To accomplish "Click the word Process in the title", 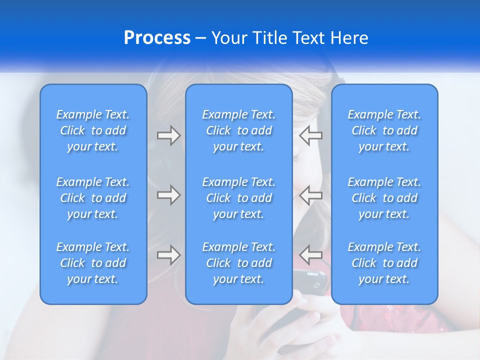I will tap(157, 38).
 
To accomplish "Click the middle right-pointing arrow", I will tap(168, 195).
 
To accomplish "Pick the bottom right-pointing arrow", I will tap(168, 255).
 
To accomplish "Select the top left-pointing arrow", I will tap(310, 135).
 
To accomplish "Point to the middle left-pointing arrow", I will tap(310, 195).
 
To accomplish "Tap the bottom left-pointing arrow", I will tap(310, 254).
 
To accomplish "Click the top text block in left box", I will tap(93, 130).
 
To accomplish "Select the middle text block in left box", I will tap(93, 198).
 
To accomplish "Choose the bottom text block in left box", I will tap(93, 263).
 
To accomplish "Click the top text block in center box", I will tap(238, 130).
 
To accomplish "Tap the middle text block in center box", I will tap(238, 198).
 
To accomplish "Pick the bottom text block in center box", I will tap(238, 263).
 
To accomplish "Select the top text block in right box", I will tap(384, 130).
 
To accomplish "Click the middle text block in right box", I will tap(384, 198).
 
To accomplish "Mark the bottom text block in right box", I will tap(384, 263).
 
